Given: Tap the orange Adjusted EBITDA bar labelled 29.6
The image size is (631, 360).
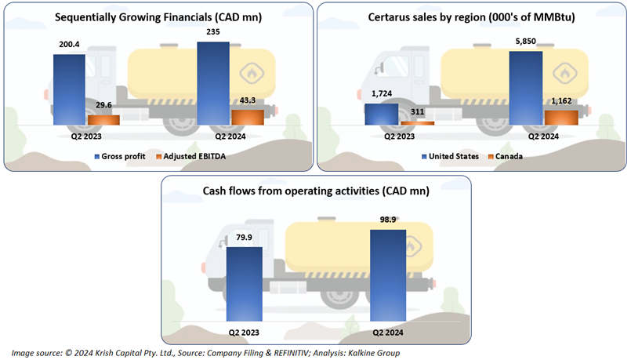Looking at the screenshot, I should coord(103,120).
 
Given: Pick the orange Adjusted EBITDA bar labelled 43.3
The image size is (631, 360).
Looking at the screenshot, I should coord(248,116).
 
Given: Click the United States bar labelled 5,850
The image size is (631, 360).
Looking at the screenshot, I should coord(525,87).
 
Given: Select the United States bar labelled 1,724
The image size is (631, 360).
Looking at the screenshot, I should coord(380,113).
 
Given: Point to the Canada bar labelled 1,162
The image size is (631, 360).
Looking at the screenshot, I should coord(560,117).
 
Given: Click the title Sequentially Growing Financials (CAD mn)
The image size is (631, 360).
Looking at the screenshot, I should coord(158,17).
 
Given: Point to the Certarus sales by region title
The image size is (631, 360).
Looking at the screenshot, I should coord(472,17).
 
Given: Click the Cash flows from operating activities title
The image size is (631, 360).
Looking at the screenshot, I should coord(316,190).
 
